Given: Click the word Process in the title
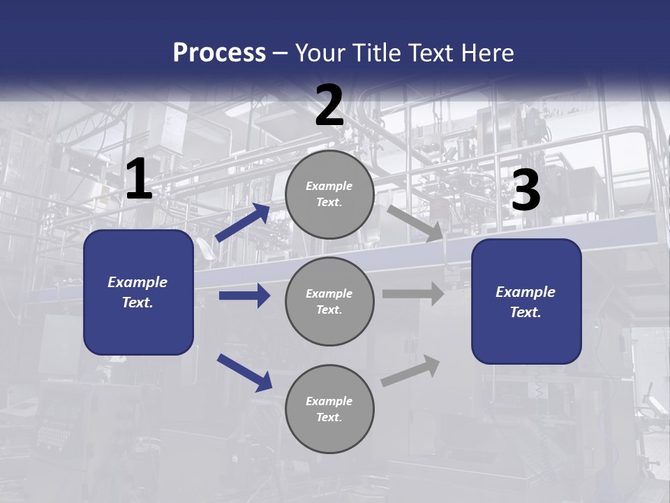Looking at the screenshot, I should tap(219, 53).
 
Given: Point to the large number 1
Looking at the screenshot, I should tap(139, 180).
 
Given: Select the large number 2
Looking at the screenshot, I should tap(329, 106).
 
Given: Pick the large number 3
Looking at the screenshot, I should tap(526, 191).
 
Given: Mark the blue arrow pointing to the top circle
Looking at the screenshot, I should tap(242, 223).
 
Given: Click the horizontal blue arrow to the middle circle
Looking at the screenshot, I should tap(244, 296).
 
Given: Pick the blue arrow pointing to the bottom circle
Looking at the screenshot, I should tap(244, 372).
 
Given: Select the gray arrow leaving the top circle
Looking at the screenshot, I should tap(415, 223).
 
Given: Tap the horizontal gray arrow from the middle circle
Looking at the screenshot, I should tap(413, 293).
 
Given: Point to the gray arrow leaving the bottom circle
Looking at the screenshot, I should tap(410, 371).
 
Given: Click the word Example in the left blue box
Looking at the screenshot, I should tap(137, 282).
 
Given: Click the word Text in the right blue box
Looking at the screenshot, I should tap(525, 312).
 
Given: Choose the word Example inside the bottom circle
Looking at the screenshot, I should tap(329, 401).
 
